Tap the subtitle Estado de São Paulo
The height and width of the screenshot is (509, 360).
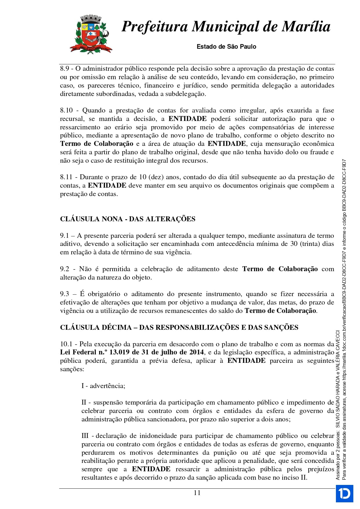(x=226, y=47)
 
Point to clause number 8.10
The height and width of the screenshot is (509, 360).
(x=66, y=111)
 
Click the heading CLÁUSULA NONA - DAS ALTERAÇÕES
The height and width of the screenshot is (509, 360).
(x=128, y=219)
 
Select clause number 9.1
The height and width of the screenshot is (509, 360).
(x=64, y=236)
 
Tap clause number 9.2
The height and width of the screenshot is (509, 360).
(x=64, y=269)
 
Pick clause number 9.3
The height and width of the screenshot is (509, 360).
(x=64, y=294)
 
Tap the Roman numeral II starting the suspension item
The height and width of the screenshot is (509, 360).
(x=84, y=403)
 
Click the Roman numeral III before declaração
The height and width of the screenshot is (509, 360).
(x=85, y=436)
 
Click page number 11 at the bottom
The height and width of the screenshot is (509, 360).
(x=197, y=493)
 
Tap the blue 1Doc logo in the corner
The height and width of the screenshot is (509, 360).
(x=344, y=493)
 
